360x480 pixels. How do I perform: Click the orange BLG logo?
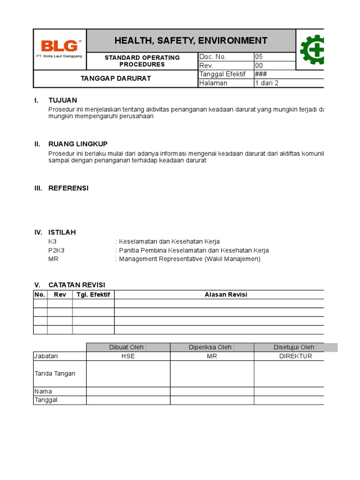[x=60, y=46]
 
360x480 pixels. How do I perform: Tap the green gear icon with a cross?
[x=312, y=50]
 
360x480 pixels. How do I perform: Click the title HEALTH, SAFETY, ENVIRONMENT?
[x=191, y=41]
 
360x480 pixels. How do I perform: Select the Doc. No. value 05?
[x=259, y=57]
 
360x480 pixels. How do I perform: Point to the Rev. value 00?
[x=259, y=66]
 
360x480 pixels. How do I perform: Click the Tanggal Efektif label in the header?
[x=223, y=74]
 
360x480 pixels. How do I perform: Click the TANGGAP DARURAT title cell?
[x=116, y=78]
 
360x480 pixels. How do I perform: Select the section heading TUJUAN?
[x=63, y=100]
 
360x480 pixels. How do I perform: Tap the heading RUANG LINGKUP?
[x=78, y=144]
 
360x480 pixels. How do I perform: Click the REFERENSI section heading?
[x=68, y=188]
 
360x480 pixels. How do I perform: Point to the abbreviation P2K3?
[x=56, y=250]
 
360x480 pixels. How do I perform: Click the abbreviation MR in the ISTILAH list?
[x=53, y=259]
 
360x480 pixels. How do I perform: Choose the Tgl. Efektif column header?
[x=93, y=294]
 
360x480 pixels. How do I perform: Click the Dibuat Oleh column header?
[x=128, y=347]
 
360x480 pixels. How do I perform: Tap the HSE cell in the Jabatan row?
[x=128, y=356]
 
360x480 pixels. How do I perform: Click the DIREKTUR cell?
[x=296, y=356]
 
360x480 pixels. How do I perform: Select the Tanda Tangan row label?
[x=55, y=374]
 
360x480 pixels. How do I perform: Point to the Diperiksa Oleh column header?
[x=212, y=347]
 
